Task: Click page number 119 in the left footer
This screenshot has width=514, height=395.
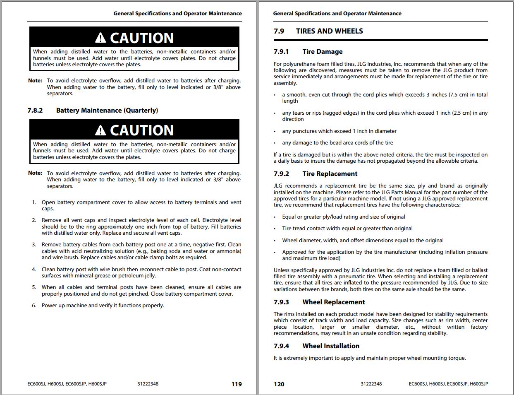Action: [x=237, y=384]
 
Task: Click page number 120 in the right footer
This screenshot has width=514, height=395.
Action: [x=279, y=384]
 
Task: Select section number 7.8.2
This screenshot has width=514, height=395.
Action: [x=35, y=111]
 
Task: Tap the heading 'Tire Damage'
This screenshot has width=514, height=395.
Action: [x=323, y=52]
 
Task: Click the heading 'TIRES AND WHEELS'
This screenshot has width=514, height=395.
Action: [x=330, y=31]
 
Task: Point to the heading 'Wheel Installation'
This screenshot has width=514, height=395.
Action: [x=331, y=346]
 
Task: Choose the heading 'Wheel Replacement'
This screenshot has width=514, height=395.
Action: [x=333, y=302]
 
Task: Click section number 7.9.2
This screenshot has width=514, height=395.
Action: [x=281, y=174]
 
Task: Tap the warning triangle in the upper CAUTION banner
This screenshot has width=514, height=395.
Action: [x=100, y=38]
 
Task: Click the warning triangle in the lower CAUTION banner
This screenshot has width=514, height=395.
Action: [x=100, y=131]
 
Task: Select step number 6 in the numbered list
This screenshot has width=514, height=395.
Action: [x=34, y=306]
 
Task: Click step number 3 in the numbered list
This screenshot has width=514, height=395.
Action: [x=34, y=245]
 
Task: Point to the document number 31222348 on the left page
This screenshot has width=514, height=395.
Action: [x=148, y=384]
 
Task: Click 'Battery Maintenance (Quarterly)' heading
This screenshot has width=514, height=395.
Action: [x=107, y=111]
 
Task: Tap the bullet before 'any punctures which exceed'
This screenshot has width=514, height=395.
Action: [x=275, y=132]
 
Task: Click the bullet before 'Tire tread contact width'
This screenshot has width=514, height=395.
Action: [x=275, y=229]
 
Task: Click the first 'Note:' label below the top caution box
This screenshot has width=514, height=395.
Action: [x=35, y=81]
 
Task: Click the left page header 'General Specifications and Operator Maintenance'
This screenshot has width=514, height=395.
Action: [x=177, y=14]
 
